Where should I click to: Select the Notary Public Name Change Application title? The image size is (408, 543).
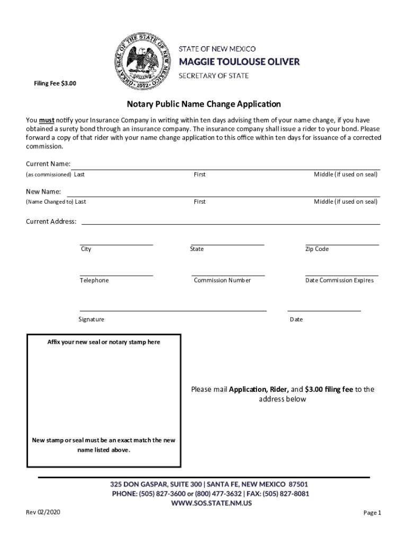tap(203, 104)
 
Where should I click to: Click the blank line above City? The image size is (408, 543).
tap(116, 244)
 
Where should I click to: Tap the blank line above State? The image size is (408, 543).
tap(227, 244)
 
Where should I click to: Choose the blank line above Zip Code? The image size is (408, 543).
tap(342, 244)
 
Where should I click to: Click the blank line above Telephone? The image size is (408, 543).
tap(116, 275)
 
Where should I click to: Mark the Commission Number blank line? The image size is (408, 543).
tap(228, 275)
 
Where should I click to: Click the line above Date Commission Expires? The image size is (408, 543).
tap(342, 275)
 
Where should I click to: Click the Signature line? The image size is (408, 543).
tap(173, 310)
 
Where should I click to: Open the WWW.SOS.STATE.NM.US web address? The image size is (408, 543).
tap(211, 503)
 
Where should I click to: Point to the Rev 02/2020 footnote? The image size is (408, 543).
tap(43, 512)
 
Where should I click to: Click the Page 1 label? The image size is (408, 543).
tap(372, 513)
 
